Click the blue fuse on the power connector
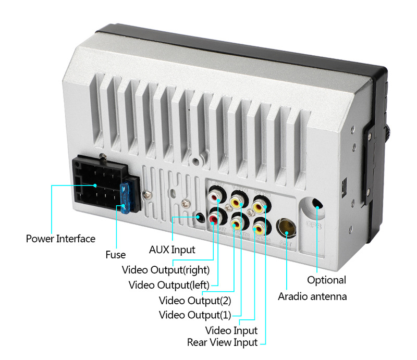[125, 197]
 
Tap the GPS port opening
[317, 204]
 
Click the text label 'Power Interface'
[60, 239]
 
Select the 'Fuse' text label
[115, 255]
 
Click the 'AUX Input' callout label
[172, 250]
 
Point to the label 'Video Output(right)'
[165, 270]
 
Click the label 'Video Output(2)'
[194, 300]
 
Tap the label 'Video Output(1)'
[194, 315]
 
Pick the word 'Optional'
[326, 280]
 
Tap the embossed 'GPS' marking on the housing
[314, 226]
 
